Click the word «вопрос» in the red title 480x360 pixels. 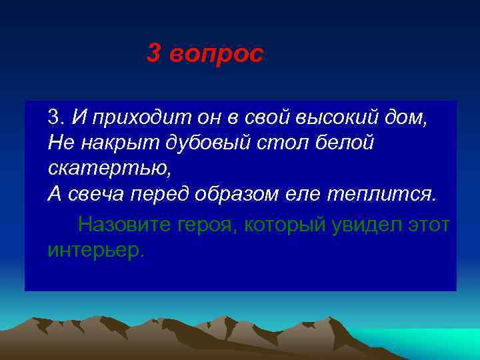point(217,55)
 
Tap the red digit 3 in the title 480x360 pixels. point(153,55)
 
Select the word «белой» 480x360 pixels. point(343,143)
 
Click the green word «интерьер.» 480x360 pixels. point(96,250)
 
